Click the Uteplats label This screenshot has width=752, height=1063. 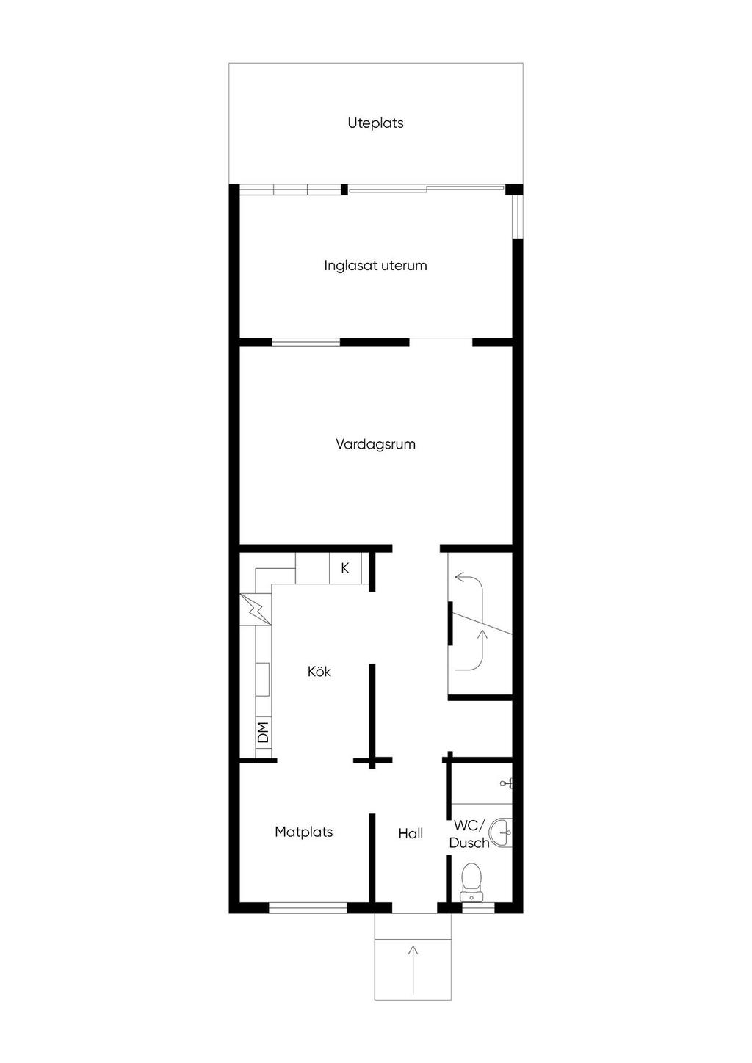(x=375, y=123)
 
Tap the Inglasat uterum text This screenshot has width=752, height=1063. (x=375, y=265)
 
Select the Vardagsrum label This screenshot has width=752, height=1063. (x=375, y=444)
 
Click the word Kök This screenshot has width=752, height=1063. (x=319, y=671)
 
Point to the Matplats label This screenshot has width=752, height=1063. (x=303, y=832)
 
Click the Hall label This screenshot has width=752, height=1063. (x=411, y=833)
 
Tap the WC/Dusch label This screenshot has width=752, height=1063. (x=469, y=834)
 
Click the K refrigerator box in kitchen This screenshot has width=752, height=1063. (x=345, y=568)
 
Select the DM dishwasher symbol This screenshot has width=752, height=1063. (x=263, y=731)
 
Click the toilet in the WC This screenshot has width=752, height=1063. (x=470, y=879)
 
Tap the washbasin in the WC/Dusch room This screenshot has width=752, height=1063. (x=501, y=832)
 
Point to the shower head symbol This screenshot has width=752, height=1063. (x=506, y=784)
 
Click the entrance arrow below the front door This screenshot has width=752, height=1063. (x=413, y=969)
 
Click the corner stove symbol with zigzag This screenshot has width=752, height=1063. (x=255, y=609)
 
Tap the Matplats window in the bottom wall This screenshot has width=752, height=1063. (x=308, y=908)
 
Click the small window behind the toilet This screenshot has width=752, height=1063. (x=478, y=908)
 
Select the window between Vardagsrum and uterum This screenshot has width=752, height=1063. (x=305, y=341)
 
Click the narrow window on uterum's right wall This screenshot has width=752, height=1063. (x=517, y=217)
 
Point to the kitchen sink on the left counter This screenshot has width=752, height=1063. (x=262, y=679)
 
